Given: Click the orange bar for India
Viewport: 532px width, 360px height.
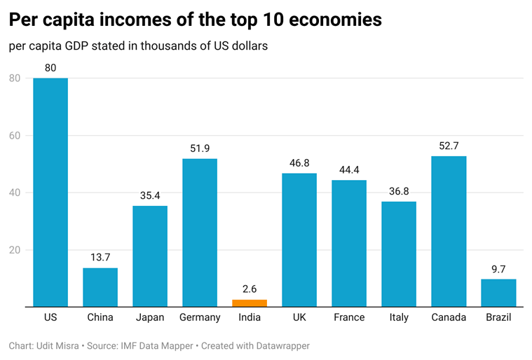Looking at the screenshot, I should pos(250,303).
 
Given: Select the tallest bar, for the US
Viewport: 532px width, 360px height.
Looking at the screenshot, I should pos(50,192).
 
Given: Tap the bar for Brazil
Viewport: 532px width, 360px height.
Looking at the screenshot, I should pos(498,293).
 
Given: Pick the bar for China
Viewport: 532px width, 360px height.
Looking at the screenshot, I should pos(100,287).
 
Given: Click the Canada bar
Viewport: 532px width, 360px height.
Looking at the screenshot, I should pos(449,231).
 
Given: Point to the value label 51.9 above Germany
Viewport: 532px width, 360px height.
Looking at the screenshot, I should pos(200,148).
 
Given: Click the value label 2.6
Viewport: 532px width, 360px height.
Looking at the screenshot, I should pos(250,289).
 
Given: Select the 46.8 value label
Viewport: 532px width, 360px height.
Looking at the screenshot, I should pos(299,162).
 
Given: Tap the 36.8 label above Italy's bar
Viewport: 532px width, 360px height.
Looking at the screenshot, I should pos(399,191).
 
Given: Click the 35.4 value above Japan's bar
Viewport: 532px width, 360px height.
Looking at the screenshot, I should pos(150,195).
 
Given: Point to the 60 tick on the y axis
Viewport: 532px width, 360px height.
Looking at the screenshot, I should pos(14,135).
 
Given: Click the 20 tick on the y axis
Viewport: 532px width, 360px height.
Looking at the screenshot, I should pos(14,250).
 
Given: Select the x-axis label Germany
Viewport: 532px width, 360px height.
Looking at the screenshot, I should pos(200,317).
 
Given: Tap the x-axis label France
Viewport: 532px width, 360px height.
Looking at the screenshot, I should pos(349,317).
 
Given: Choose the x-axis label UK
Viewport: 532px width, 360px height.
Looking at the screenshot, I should pos(299,317).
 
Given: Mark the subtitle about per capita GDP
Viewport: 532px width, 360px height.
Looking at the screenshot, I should pos(139,46).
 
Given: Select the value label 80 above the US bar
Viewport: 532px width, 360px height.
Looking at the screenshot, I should pos(50,68).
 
